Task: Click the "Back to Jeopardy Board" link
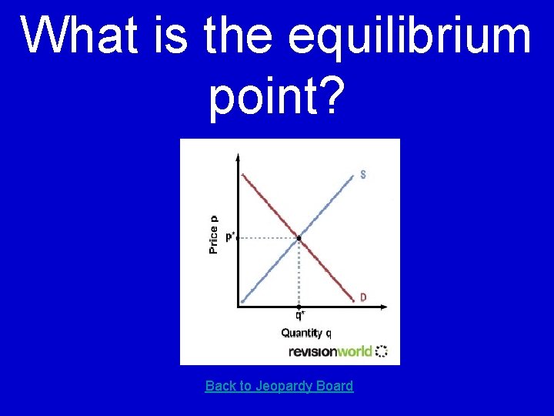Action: click(x=279, y=386)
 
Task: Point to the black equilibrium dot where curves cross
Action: click(x=299, y=238)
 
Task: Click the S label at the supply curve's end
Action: click(x=363, y=174)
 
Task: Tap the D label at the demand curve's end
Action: click(x=363, y=297)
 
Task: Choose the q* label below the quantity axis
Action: click(x=299, y=315)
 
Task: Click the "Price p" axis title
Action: click(x=214, y=234)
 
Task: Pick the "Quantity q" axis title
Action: click(x=306, y=333)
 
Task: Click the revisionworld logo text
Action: click(x=330, y=351)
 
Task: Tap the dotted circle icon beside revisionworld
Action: click(x=382, y=351)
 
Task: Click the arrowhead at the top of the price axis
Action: click(x=238, y=158)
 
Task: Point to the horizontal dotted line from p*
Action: click(x=268, y=238)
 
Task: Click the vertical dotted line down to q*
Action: click(x=299, y=273)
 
